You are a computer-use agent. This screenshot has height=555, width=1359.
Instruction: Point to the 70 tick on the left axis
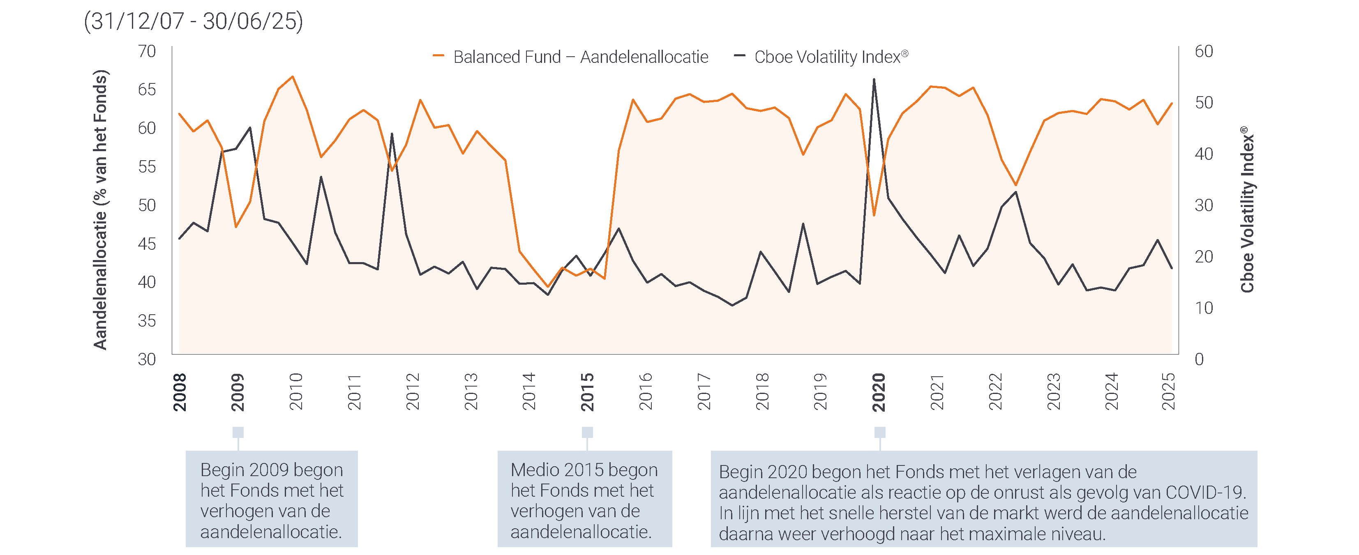coord(147,51)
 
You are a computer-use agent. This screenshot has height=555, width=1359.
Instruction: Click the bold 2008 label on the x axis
coord(180,392)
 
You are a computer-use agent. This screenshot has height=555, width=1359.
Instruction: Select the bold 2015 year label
coord(587,392)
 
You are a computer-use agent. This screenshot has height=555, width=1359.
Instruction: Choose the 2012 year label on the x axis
coord(413,392)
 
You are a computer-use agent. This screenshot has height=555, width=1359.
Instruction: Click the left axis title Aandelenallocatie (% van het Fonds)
coord(100,210)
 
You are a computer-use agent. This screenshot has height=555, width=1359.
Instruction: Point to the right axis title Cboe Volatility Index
coord(1247,210)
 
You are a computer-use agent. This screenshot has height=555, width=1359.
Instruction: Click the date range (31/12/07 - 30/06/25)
coord(193,21)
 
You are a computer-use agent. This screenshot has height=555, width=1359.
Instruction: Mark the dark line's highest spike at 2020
coord(874,80)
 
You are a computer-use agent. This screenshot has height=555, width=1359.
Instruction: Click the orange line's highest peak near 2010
coord(293,77)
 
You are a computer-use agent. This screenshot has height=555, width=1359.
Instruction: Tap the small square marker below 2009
coord(238,432)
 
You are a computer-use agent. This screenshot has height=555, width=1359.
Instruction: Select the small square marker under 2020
coord(879,432)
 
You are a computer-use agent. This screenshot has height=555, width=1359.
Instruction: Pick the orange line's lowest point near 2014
coord(548,286)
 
